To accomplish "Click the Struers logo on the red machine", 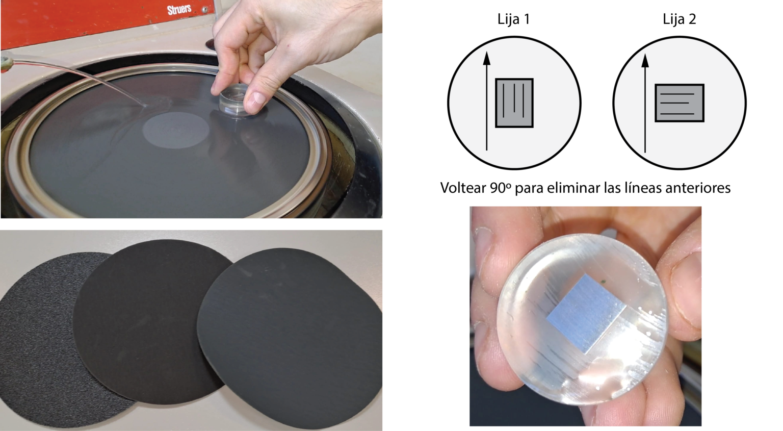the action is [179, 10].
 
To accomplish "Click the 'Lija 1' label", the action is [513, 19].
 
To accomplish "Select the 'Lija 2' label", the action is [679, 19].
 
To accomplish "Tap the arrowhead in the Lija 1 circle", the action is [487, 59].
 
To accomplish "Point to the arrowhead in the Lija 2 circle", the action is [645, 61].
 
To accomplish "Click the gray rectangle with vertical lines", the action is [514, 103].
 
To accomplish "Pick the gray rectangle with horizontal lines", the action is [679, 103].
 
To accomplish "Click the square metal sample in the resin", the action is [586, 314].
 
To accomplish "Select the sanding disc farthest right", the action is [290, 338].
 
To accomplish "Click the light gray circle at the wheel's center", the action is [176, 130].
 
